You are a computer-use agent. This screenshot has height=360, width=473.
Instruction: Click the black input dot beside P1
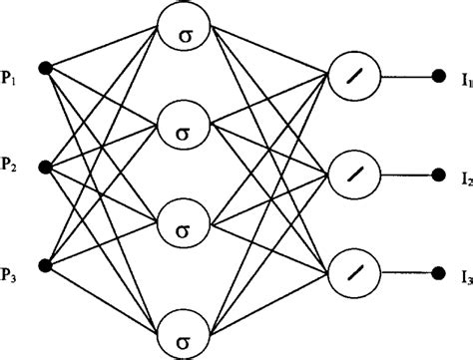(x=45, y=67)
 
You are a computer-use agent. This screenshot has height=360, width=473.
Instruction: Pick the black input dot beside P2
(x=45, y=164)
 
